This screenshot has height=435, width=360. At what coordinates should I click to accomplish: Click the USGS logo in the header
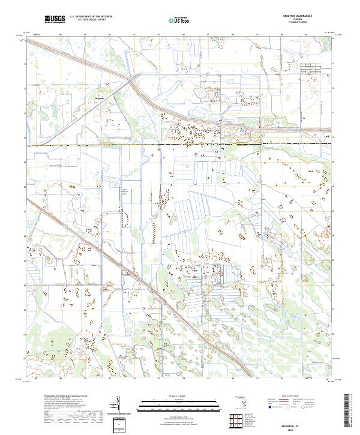click(x=54, y=19)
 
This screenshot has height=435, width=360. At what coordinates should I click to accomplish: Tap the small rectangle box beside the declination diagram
click(x=119, y=424)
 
